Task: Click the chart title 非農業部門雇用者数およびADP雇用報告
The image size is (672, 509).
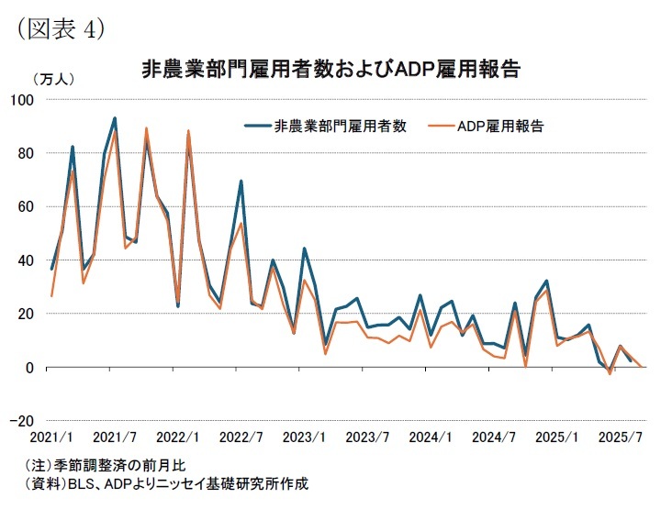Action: click(x=332, y=70)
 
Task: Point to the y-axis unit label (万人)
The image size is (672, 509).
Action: click(x=53, y=80)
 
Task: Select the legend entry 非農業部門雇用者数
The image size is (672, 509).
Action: click(x=340, y=127)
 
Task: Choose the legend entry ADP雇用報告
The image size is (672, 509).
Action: click(x=500, y=127)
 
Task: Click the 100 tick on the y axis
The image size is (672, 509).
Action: click(x=21, y=99)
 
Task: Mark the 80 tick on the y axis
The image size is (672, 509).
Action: click(x=24, y=153)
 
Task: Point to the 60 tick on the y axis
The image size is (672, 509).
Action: click(x=24, y=206)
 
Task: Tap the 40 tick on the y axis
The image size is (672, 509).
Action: click(x=24, y=260)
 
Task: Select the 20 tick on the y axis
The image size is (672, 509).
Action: click(x=24, y=314)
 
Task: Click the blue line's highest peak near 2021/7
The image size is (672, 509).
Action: click(x=115, y=118)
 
